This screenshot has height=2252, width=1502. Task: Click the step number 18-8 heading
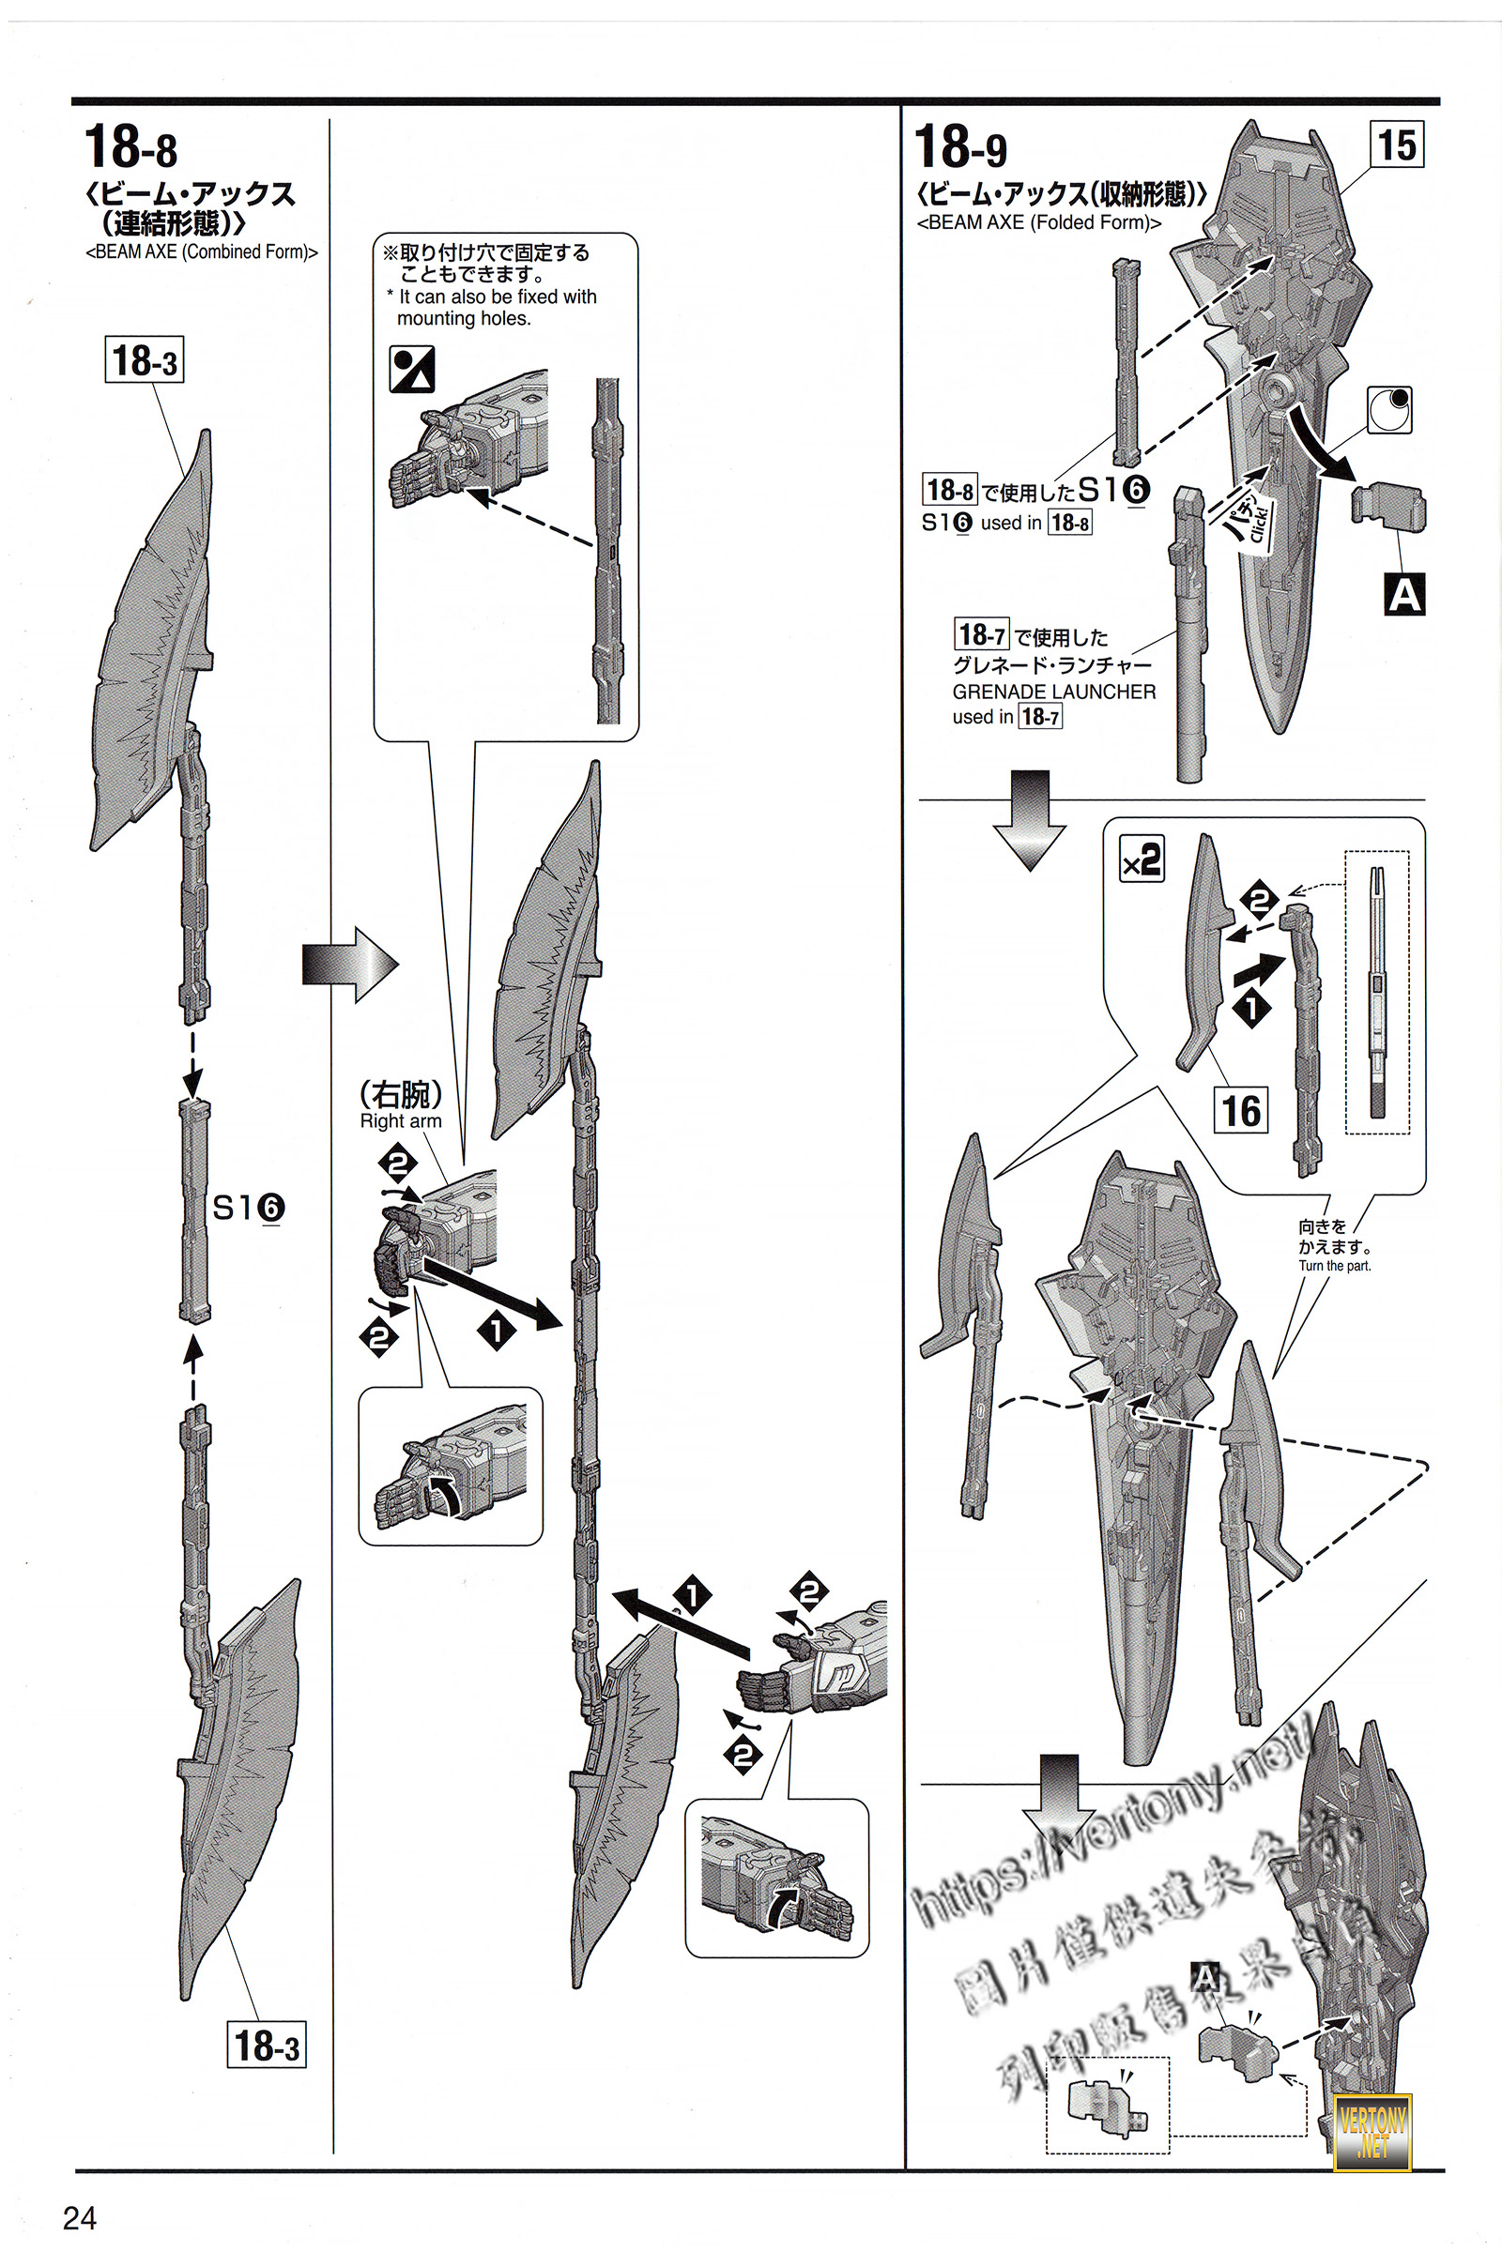pyautogui.click(x=131, y=147)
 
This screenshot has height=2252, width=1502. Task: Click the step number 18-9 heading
pyautogui.click(x=960, y=147)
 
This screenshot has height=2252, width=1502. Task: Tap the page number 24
pyautogui.click(x=80, y=2217)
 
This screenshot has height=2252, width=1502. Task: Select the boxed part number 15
pyautogui.click(x=1396, y=145)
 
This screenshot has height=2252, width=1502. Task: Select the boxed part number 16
pyautogui.click(x=1240, y=1111)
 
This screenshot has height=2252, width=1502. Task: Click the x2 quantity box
pyautogui.click(x=1142, y=859)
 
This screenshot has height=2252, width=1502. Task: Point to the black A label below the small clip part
pyautogui.click(x=1404, y=595)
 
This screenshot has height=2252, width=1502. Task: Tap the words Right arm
pyautogui.click(x=401, y=1121)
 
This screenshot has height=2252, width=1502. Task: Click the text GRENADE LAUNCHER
pyautogui.click(x=1053, y=692)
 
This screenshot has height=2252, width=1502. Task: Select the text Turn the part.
pyautogui.click(x=1334, y=1266)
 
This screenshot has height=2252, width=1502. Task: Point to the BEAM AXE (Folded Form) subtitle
pyautogui.click(x=1039, y=223)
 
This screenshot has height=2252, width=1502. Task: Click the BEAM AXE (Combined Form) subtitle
pyautogui.click(x=201, y=251)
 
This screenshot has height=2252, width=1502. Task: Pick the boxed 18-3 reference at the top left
pyautogui.click(x=144, y=361)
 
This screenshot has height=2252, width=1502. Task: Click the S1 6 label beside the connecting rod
pyautogui.click(x=247, y=1209)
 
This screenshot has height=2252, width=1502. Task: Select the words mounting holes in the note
pyautogui.click(x=464, y=319)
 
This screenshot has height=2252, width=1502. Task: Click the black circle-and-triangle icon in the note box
pyautogui.click(x=412, y=370)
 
